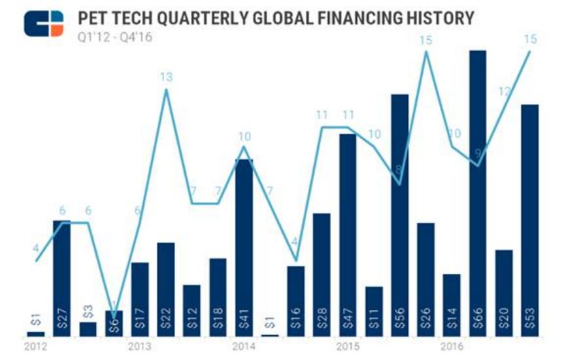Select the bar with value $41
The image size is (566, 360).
pyautogui.click(x=244, y=248)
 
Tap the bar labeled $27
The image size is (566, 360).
pyautogui.click(x=62, y=278)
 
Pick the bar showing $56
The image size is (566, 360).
pyautogui.click(x=400, y=216)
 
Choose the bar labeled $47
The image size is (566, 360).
pyautogui.click(x=348, y=235)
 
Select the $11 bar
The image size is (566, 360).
pyautogui.click(x=374, y=311)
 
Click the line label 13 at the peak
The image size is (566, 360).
pyautogui.click(x=166, y=78)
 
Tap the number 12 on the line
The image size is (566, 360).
pyautogui.click(x=504, y=92)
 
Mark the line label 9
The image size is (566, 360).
pyautogui.click(x=478, y=153)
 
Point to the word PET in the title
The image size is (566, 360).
pyautogui.click(x=94, y=18)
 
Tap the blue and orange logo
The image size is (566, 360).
pyautogui.click(x=44, y=24)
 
